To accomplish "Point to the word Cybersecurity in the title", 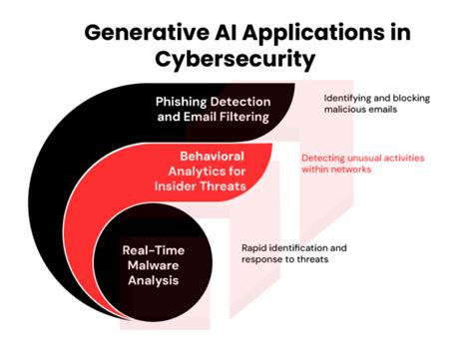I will point(235,58).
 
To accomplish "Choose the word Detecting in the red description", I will point(326,158).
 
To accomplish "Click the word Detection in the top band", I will point(249,101).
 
